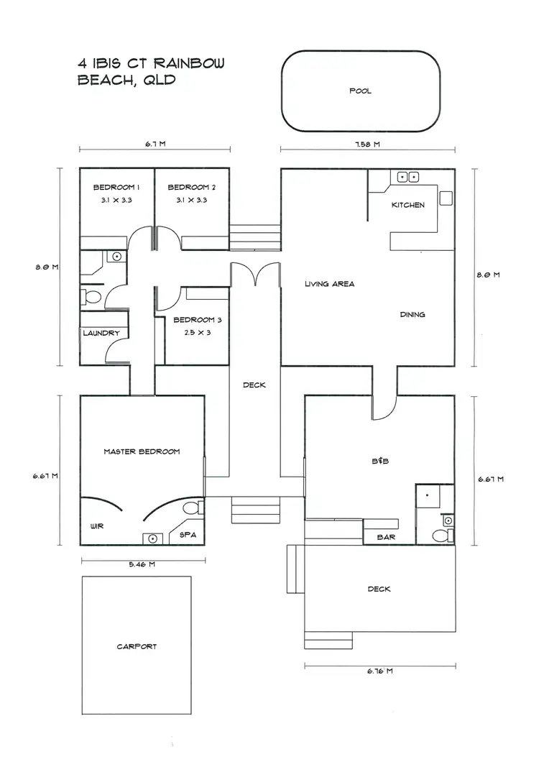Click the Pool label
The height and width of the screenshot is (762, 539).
pos(360,91)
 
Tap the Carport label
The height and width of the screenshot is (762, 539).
pos(137,646)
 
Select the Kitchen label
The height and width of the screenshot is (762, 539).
pos(407,205)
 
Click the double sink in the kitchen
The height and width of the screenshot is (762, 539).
pos(409,176)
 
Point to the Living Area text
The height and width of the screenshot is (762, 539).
pos(329,284)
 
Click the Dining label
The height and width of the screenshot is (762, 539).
pos(413,314)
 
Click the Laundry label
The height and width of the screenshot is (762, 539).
pos(100,333)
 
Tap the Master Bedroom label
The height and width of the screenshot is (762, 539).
pos(142,451)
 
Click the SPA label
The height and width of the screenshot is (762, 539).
pos(188,536)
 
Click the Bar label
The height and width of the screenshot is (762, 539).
pos(386,537)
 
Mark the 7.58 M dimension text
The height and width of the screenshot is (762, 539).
pos(367,144)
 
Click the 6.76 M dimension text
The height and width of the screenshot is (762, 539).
pos(379,671)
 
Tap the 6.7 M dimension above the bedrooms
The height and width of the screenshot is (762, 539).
pos(155,144)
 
